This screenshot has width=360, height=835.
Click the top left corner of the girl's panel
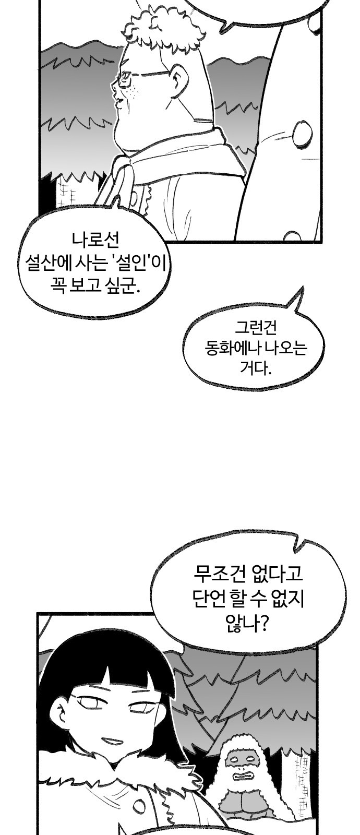(x=37, y=613)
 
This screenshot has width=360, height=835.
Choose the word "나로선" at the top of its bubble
(x=95, y=241)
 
